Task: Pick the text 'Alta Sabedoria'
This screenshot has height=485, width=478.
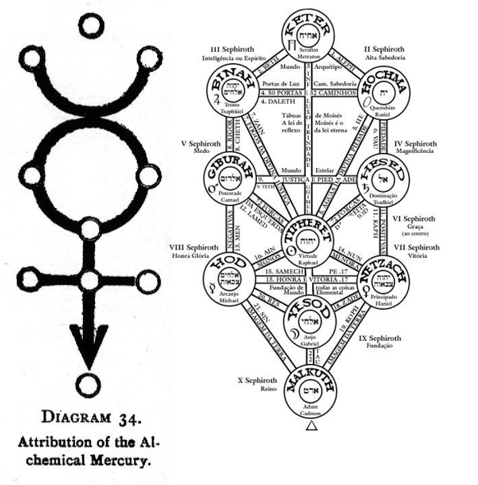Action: (384, 58)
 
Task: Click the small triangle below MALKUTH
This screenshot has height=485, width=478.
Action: (311, 426)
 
